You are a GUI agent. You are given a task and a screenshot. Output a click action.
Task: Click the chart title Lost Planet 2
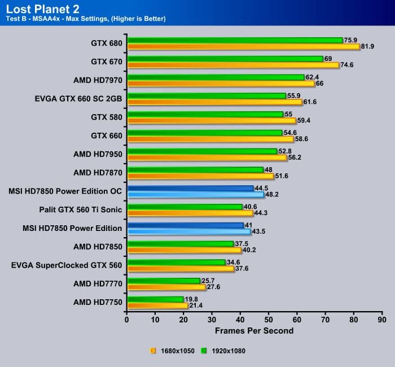(42, 8)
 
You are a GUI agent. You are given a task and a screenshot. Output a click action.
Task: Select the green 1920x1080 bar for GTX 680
(235, 40)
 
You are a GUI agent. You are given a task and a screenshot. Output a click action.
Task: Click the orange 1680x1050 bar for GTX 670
(233, 65)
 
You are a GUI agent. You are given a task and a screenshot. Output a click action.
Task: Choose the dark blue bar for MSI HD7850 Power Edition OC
(190, 188)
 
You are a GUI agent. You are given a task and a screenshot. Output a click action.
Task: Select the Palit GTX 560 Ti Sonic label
(81, 209)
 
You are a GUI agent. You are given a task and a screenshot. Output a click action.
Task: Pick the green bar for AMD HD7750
(156, 299)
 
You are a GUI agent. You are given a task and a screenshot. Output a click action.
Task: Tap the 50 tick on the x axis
(269, 319)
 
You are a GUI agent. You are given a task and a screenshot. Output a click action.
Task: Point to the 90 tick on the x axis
(383, 319)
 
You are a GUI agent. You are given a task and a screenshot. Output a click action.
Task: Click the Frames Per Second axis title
(254, 330)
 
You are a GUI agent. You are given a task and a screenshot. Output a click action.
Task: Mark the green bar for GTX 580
(205, 114)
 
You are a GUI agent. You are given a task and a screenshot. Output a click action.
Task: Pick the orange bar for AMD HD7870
(200, 176)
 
